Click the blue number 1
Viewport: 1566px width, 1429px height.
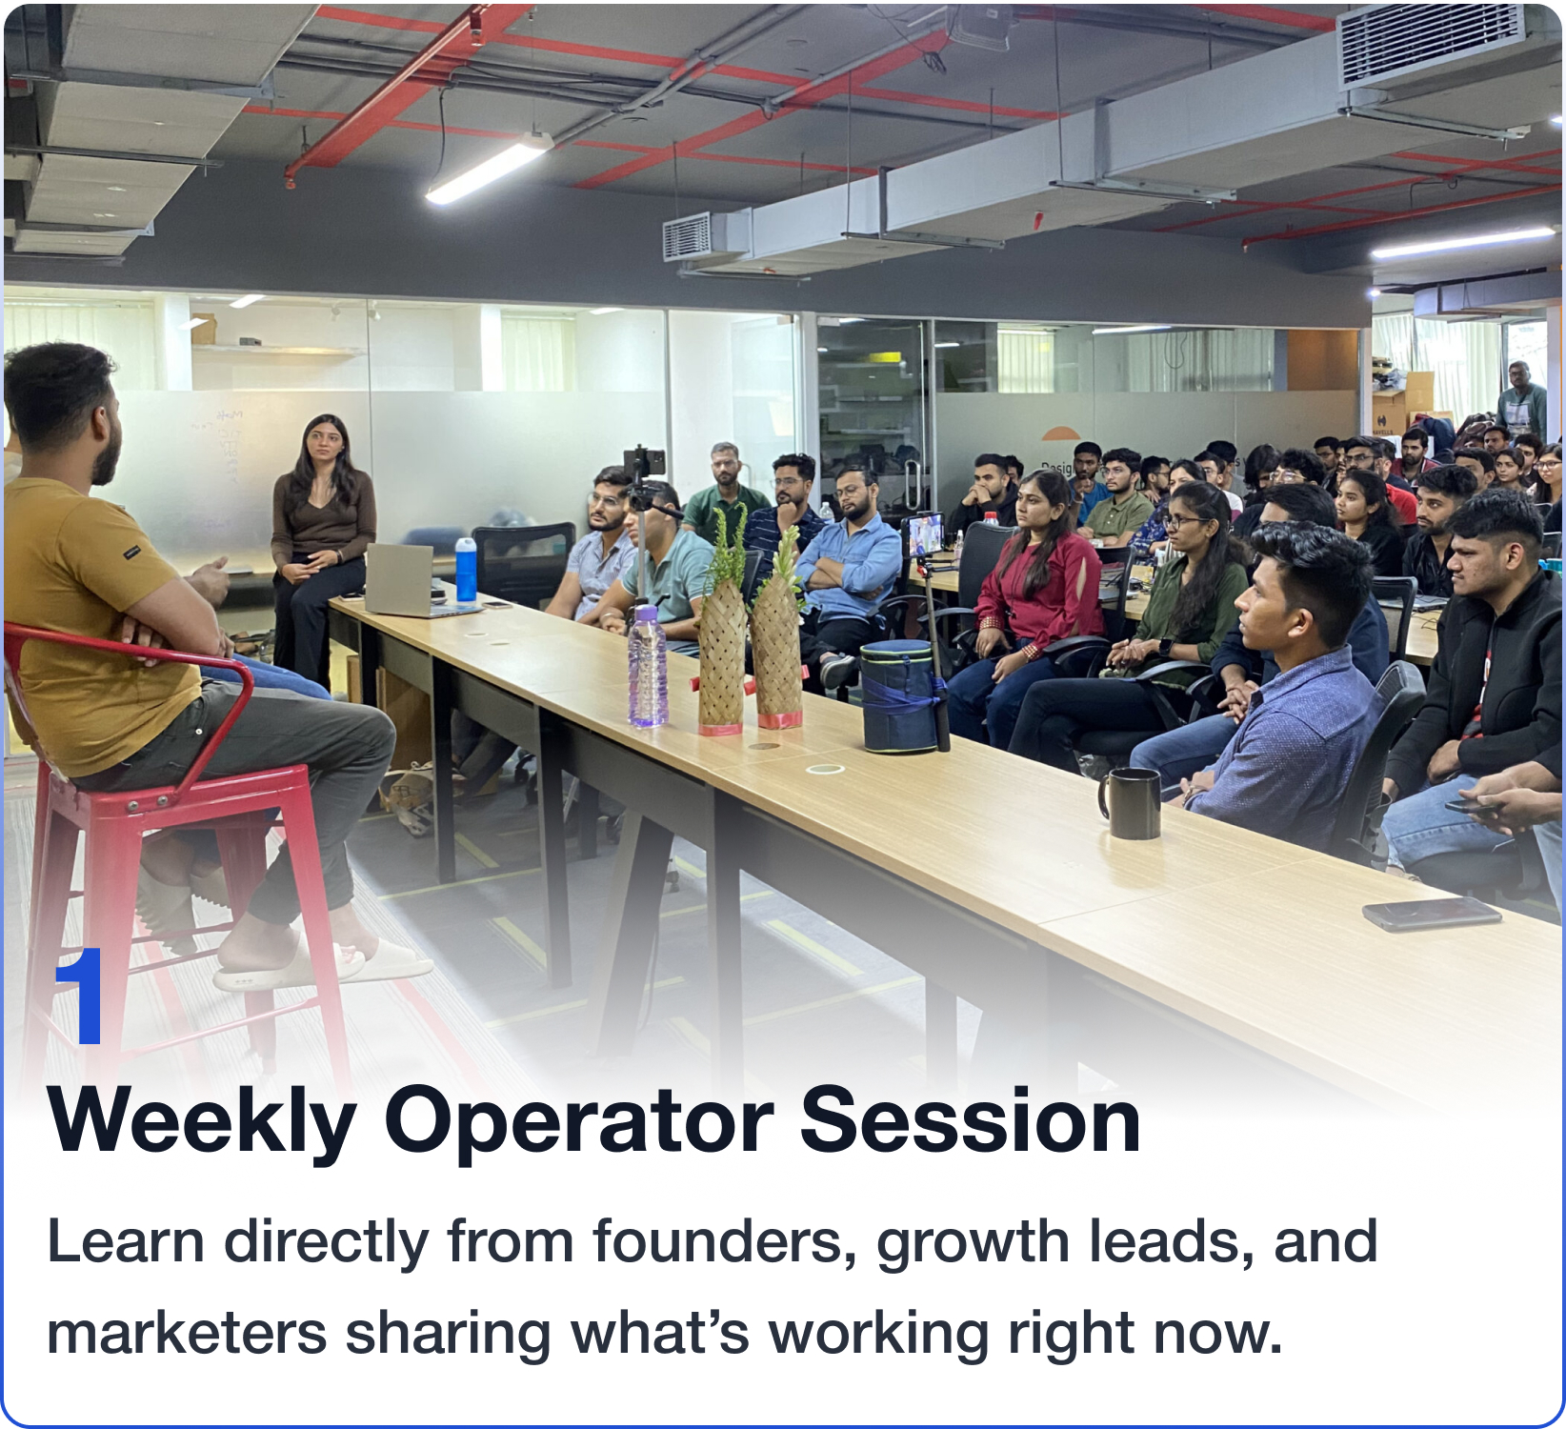tap(79, 996)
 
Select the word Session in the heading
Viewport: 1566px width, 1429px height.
tap(970, 1120)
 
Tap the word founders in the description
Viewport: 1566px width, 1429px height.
tap(724, 1241)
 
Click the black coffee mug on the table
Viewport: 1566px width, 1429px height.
tap(1131, 802)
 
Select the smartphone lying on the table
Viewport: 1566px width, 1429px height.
tap(1431, 914)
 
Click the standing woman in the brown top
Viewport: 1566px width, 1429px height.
tap(320, 548)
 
